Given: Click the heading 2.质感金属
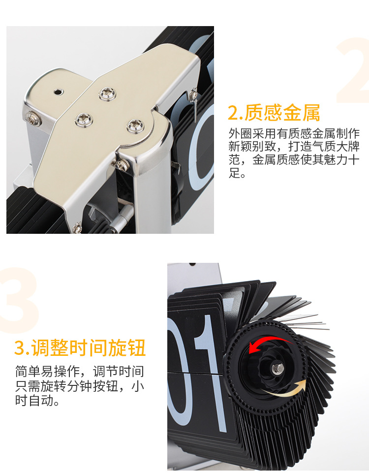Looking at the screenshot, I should [x=274, y=113].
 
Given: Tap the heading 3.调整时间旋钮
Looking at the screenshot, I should [x=80, y=348].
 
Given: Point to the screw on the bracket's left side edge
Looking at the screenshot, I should [x=33, y=117].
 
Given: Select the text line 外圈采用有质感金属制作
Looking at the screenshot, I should [x=294, y=134].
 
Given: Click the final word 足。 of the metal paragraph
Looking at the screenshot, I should [x=237, y=173].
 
